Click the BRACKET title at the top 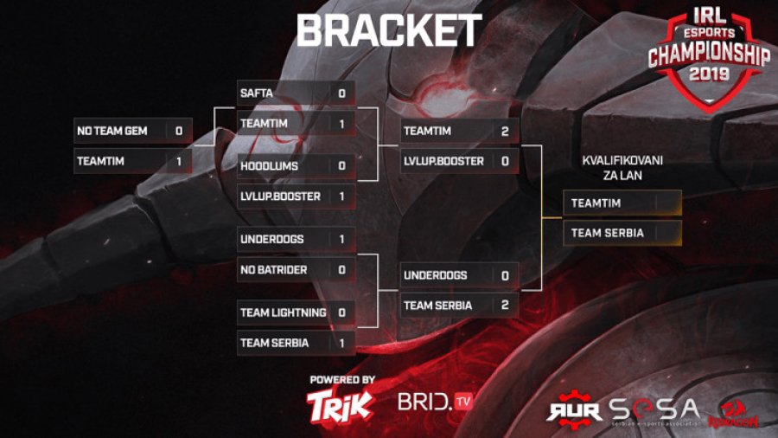click(x=388, y=32)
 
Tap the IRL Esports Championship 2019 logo click(x=709, y=56)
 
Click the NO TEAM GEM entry click(x=112, y=131)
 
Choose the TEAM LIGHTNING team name click(x=283, y=312)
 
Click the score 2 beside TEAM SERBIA click(x=504, y=306)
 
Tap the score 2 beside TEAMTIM click(x=504, y=131)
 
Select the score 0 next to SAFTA click(x=341, y=93)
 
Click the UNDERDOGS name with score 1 click(x=271, y=239)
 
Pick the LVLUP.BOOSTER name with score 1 click(x=280, y=196)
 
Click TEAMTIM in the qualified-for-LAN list click(x=596, y=203)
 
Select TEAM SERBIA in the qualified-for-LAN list click(x=607, y=233)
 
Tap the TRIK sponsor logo click(x=341, y=403)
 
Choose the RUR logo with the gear click(x=574, y=408)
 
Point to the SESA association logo click(x=654, y=409)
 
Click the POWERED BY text click(x=341, y=379)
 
